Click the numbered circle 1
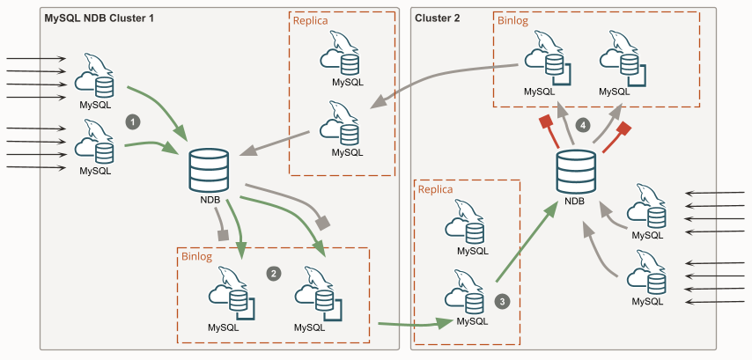coord(133,121)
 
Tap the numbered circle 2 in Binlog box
coord(274,273)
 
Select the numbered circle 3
coord(503,300)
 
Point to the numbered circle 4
coord(582,125)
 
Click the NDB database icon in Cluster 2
coord(576,173)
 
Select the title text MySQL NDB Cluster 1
coord(99,18)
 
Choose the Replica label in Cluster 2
coord(435,188)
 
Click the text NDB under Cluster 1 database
coord(210,199)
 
